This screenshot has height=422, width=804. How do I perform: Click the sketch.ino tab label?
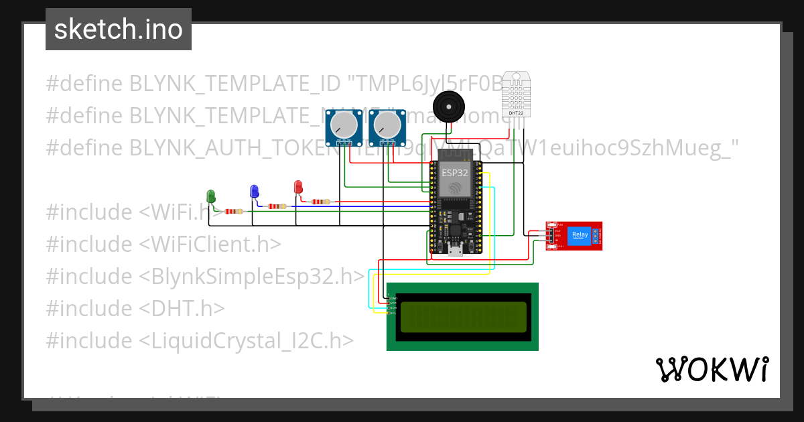tap(119, 29)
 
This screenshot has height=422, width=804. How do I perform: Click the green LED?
tap(211, 196)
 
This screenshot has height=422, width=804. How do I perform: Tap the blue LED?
tap(254, 192)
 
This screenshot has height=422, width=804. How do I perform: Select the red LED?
tap(299, 188)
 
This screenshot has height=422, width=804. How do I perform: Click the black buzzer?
tap(448, 107)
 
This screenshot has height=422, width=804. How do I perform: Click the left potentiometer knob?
tap(344, 124)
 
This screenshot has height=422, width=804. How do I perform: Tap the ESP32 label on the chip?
tap(455, 172)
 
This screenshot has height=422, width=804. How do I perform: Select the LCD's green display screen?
tap(462, 318)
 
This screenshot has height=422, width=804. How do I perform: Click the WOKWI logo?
tap(711, 369)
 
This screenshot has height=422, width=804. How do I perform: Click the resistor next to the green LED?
tap(234, 212)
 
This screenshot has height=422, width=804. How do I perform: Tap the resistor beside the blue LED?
tap(277, 206)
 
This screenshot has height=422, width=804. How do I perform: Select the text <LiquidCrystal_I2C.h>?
tap(246, 340)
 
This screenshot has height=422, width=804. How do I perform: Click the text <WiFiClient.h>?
tap(210, 244)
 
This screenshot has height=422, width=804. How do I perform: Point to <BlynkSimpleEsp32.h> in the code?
tap(252, 276)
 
